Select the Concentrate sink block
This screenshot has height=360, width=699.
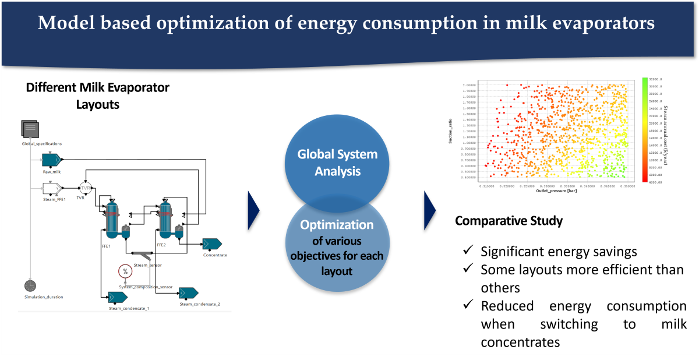pos(211,243)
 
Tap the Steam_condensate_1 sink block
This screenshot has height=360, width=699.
pos(118,297)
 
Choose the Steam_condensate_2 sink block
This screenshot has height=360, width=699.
pos(189,292)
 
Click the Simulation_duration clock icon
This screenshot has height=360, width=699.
pos(31,285)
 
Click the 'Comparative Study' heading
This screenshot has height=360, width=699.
pos(509,221)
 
